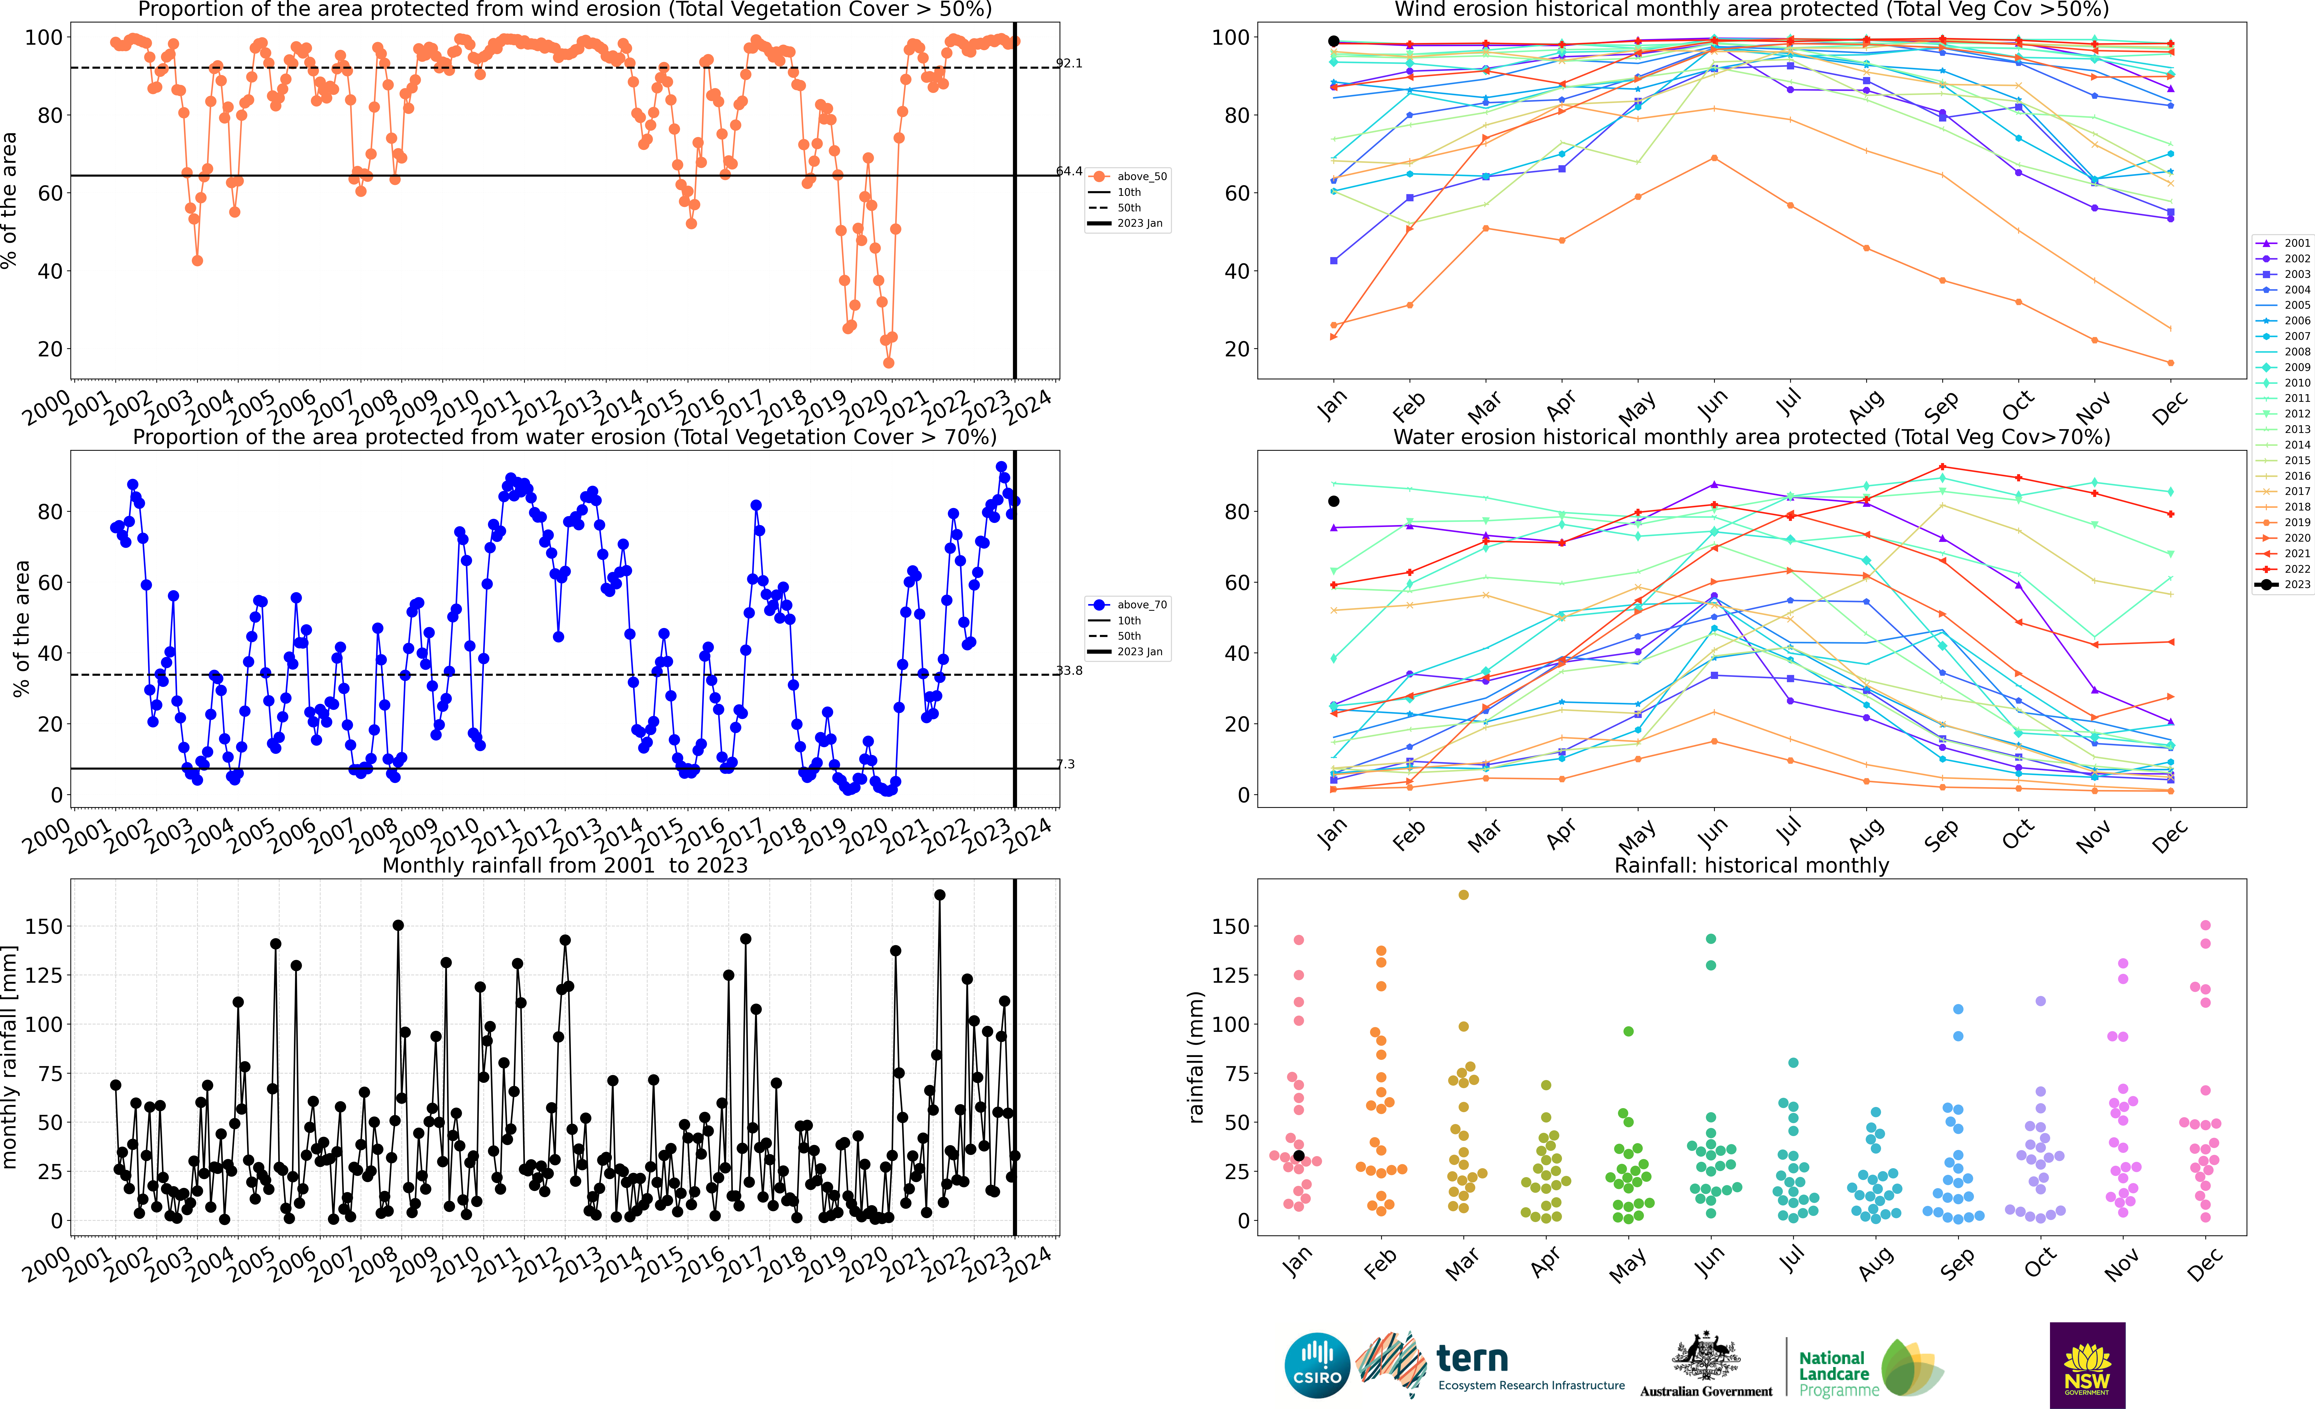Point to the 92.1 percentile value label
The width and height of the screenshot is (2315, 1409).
(1069, 63)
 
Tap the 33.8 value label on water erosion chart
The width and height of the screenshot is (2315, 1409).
(1069, 671)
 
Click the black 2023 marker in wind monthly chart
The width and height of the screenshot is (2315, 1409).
(1333, 41)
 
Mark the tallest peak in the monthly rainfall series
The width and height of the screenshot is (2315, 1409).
(940, 895)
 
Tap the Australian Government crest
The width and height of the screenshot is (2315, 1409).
(1705, 1356)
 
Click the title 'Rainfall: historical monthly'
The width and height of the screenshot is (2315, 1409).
(1751, 865)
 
